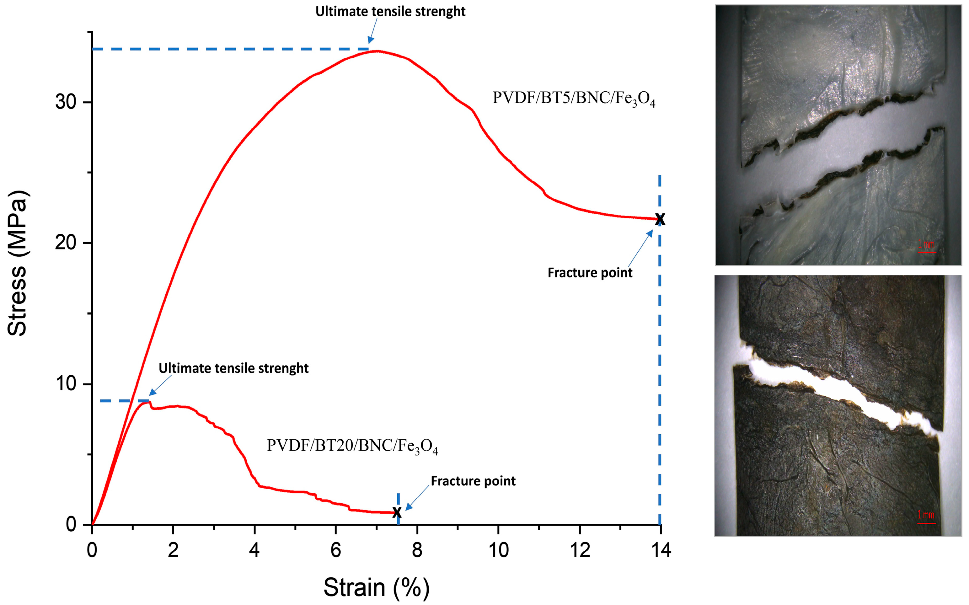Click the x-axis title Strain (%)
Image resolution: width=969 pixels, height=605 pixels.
click(376, 587)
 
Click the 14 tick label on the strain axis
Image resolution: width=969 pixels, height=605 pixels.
click(661, 551)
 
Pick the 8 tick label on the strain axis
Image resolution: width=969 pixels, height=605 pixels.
click(417, 551)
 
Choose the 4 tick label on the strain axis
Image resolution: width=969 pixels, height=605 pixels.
click(254, 551)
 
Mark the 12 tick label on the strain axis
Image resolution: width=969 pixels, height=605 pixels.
click(580, 551)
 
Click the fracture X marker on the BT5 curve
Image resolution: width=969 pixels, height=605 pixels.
click(660, 219)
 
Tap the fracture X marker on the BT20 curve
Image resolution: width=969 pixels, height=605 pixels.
click(397, 512)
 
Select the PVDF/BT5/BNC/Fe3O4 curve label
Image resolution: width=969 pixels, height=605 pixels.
click(574, 99)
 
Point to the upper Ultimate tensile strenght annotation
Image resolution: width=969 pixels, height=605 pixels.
click(390, 12)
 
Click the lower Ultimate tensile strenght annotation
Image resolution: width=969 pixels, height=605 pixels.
click(234, 368)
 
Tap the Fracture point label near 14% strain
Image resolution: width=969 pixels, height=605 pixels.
click(590, 273)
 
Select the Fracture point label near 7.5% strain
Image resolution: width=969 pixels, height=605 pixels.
click(473, 481)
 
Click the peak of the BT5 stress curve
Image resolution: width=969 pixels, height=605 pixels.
click(376, 51)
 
